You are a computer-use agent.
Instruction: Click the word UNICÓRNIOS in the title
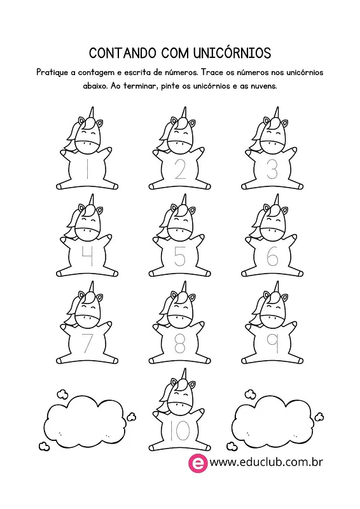click(232, 53)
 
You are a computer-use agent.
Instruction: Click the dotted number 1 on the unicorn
click(87, 169)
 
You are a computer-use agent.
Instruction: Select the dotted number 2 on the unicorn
click(180, 169)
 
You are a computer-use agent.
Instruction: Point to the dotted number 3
click(272, 169)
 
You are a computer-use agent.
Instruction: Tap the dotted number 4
click(88, 256)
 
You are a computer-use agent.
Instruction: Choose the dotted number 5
click(179, 256)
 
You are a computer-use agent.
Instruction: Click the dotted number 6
click(272, 256)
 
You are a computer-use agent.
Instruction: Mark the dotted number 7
click(87, 344)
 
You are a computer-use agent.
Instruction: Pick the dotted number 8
click(180, 344)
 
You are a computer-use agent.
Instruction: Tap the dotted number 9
click(273, 344)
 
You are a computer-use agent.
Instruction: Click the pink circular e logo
click(198, 463)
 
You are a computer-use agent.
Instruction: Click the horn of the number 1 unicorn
click(92, 113)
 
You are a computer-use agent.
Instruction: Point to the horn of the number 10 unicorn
click(184, 375)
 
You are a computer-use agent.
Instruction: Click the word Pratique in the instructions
click(52, 73)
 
